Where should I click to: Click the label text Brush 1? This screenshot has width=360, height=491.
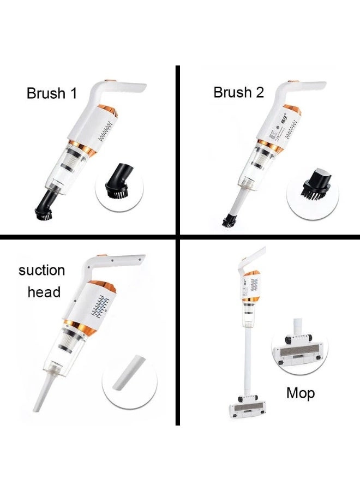click(x=52, y=93)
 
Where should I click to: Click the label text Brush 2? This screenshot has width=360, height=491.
click(x=238, y=93)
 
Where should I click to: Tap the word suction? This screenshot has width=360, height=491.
click(x=41, y=271)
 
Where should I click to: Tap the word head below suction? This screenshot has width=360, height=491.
click(x=44, y=292)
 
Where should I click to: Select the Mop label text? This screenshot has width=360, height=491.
click(x=300, y=393)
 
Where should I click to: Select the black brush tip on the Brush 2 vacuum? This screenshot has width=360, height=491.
click(x=228, y=220)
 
